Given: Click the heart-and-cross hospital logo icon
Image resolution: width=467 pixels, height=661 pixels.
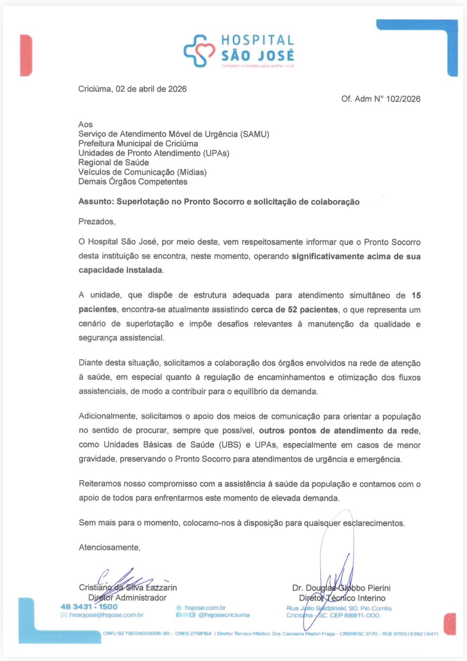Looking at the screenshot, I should (x=199, y=51).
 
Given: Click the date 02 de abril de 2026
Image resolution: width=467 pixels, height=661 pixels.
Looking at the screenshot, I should (x=151, y=89).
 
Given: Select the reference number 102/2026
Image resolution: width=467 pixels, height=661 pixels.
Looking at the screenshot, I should (x=403, y=99).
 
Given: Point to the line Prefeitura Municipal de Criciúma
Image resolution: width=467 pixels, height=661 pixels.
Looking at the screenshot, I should (x=138, y=144).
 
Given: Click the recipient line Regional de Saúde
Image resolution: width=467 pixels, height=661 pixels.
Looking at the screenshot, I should (x=113, y=163).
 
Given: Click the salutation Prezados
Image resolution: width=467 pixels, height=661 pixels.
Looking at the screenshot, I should (x=96, y=222).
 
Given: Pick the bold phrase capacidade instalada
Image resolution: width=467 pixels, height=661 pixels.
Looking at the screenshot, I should (x=120, y=270).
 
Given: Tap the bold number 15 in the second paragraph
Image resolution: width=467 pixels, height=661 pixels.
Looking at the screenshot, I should (x=416, y=295).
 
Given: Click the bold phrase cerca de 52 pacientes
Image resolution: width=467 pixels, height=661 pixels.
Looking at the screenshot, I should (x=294, y=310).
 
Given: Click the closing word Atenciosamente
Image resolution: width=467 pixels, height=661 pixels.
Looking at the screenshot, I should (x=109, y=547).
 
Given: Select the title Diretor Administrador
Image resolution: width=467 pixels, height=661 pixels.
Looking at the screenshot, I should (x=127, y=598).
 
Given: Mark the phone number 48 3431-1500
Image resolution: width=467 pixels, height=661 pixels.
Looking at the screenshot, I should (x=89, y=607).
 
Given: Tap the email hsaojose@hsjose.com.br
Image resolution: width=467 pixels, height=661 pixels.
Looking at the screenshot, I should (x=106, y=615).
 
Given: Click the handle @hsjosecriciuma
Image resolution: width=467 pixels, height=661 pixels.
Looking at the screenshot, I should (x=224, y=615).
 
